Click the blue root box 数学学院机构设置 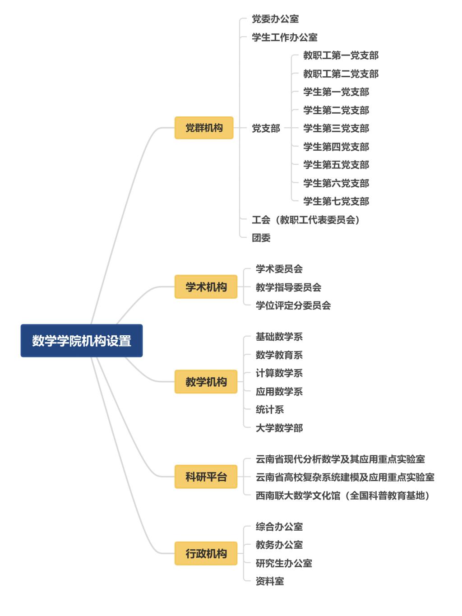pyautogui.click(x=82, y=341)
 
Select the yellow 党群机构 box pyautogui.click(x=204, y=128)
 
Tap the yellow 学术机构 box pyautogui.click(x=206, y=287)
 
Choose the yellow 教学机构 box pyautogui.click(x=206, y=382)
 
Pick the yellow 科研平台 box pyautogui.click(x=206, y=477)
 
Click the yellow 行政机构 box pyautogui.click(x=206, y=553)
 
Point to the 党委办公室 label pyautogui.click(x=275, y=19)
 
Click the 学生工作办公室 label pyautogui.click(x=284, y=37)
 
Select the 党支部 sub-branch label pyautogui.click(x=266, y=129)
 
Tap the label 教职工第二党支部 pyautogui.click(x=341, y=74)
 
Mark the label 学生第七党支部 pyautogui.click(x=336, y=201)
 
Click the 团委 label pyautogui.click(x=261, y=238)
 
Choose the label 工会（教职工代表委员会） pyautogui.click(x=305, y=220)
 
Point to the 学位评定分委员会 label pyautogui.click(x=293, y=306)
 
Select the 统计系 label pyautogui.click(x=270, y=410)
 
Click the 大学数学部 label pyautogui.click(x=279, y=428)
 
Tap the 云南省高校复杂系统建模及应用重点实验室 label pyautogui.click(x=345, y=477)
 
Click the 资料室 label pyautogui.click(x=270, y=581)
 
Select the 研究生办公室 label pyautogui.click(x=284, y=563)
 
